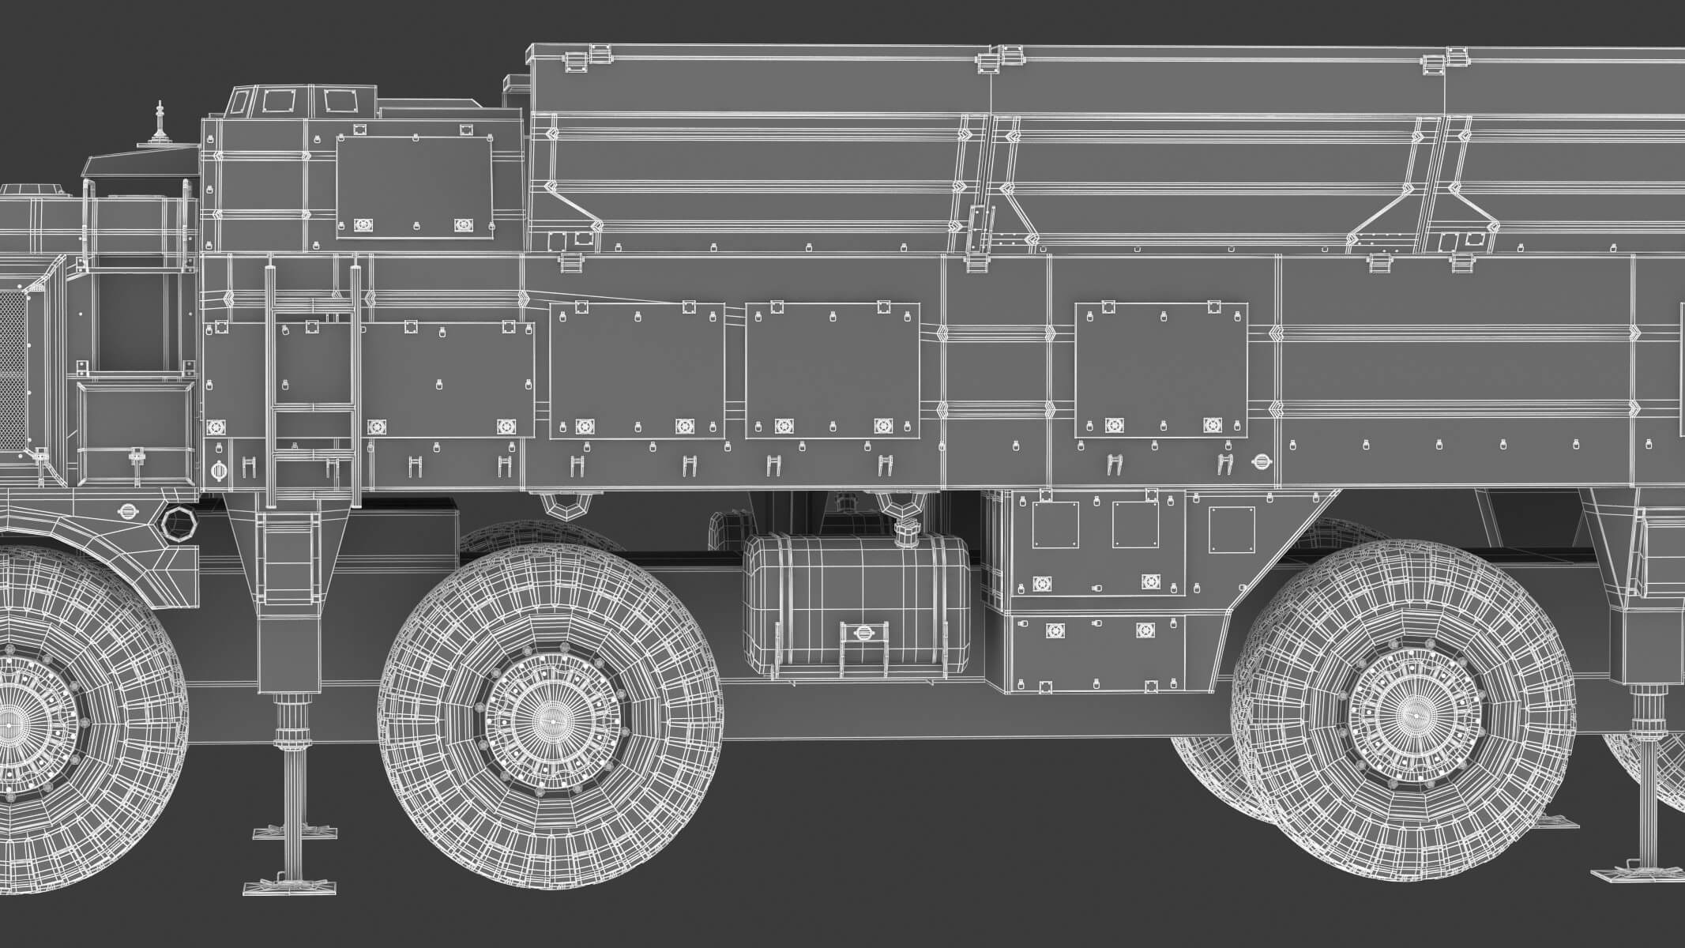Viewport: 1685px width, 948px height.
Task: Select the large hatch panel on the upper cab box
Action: coord(415,183)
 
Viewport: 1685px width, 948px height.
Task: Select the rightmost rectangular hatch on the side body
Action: coord(1161,370)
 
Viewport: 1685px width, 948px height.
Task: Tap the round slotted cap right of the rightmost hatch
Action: coord(1261,461)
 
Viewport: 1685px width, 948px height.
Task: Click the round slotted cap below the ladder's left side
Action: coord(219,471)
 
